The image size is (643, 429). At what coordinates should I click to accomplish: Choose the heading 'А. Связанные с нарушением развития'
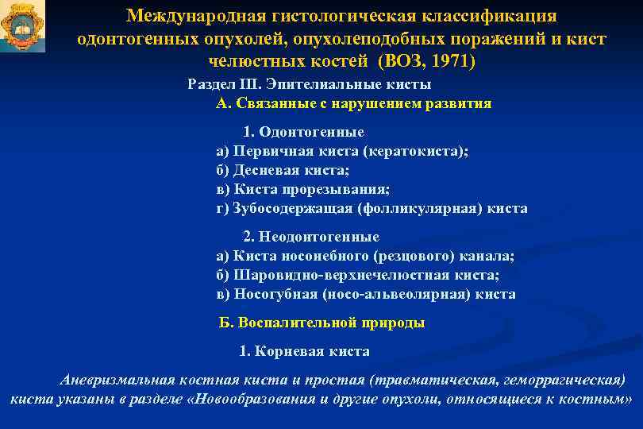(x=353, y=103)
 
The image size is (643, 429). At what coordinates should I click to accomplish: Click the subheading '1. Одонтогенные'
(x=303, y=132)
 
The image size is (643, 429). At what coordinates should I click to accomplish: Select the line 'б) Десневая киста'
(x=283, y=170)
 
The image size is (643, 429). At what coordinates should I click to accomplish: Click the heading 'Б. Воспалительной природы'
(x=321, y=323)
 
